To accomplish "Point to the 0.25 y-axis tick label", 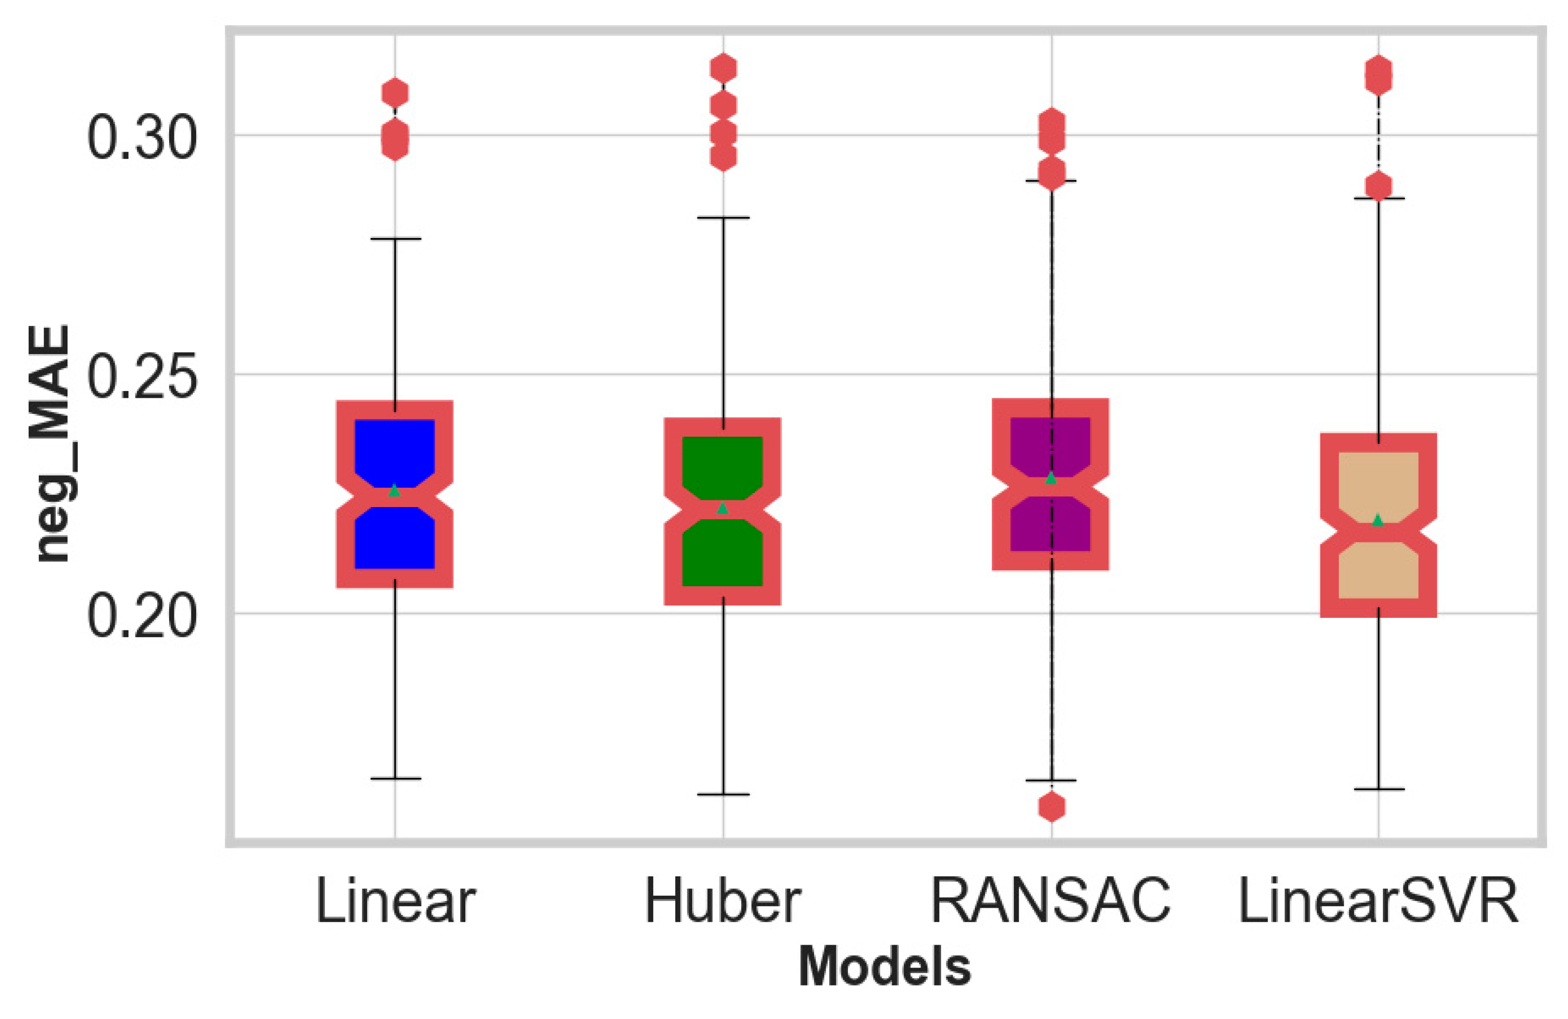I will (x=142, y=377).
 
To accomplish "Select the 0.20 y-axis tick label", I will (x=142, y=616).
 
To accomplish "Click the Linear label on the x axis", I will (x=395, y=901).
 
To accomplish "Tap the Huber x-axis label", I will (x=723, y=901).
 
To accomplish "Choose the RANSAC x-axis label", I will (x=1050, y=901).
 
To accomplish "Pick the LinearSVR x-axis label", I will (x=1378, y=901).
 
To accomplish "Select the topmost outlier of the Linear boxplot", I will (x=395, y=93).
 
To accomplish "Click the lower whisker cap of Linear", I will (x=395, y=779).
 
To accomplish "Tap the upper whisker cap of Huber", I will (x=723, y=217).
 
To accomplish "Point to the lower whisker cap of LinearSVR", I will (x=1378, y=788).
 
